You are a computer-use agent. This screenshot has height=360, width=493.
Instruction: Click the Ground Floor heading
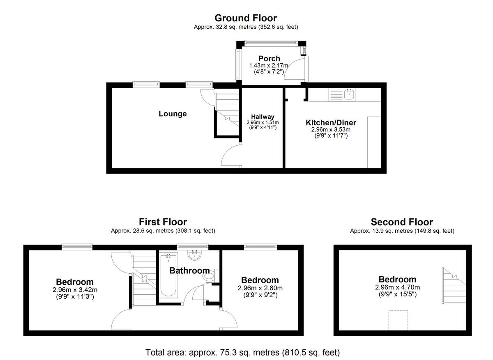[x=246, y=18]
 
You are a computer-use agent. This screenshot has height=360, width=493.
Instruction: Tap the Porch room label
[x=269, y=59]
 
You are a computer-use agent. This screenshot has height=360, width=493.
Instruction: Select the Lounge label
[x=173, y=114]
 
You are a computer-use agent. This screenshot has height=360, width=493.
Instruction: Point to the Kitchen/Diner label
[x=331, y=123]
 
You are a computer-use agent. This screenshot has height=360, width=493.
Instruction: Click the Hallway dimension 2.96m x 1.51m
[x=263, y=123]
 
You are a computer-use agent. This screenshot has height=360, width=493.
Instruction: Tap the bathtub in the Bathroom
[x=168, y=275]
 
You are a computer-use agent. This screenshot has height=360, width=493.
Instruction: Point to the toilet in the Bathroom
[x=209, y=277]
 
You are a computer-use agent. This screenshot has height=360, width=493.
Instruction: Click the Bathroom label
[x=189, y=271]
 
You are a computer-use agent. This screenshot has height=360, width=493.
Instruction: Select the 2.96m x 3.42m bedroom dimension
[x=74, y=290]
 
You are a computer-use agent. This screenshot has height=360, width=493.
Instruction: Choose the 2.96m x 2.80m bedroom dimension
[x=260, y=288]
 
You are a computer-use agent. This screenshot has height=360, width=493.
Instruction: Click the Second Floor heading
[x=402, y=222]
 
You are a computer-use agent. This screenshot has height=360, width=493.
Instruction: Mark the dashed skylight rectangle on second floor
[x=399, y=320]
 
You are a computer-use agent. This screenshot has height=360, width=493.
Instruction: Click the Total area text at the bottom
[x=242, y=352]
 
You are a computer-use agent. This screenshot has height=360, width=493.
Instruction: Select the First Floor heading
[x=163, y=222]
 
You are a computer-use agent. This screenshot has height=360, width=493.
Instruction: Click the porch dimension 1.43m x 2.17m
[x=269, y=66]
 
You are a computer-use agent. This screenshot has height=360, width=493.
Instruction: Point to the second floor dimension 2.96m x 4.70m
[x=397, y=287]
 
